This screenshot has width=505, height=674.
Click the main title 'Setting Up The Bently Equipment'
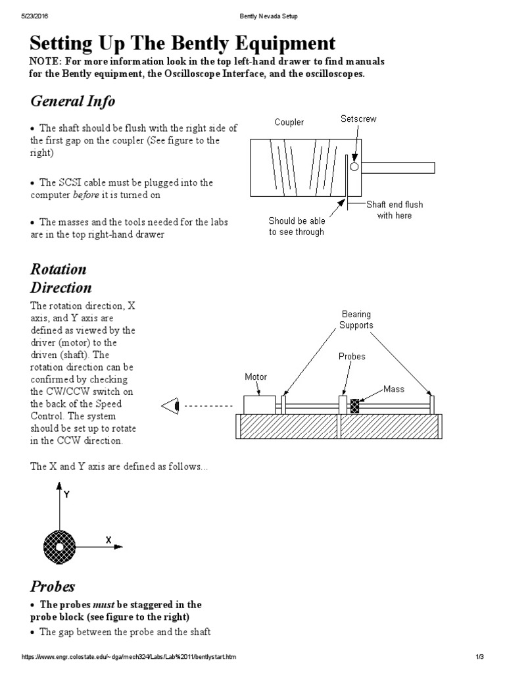coord(183,44)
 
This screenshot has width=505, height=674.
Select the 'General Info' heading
coord(72,101)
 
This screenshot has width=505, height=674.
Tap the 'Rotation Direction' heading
coord(61,279)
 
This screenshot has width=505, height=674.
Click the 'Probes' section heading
coord(53,586)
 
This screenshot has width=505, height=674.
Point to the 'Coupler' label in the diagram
coord(289,123)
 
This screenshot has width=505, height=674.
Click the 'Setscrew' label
coord(358,119)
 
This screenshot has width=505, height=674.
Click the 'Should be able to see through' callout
coord(297,226)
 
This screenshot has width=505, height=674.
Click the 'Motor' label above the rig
coord(256,377)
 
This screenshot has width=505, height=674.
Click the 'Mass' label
coord(395,389)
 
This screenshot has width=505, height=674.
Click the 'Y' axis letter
coord(66,492)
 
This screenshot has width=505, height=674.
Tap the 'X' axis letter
coord(108,540)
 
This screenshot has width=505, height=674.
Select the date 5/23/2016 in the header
coord(27,15)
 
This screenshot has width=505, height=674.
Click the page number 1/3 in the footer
coord(479,658)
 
